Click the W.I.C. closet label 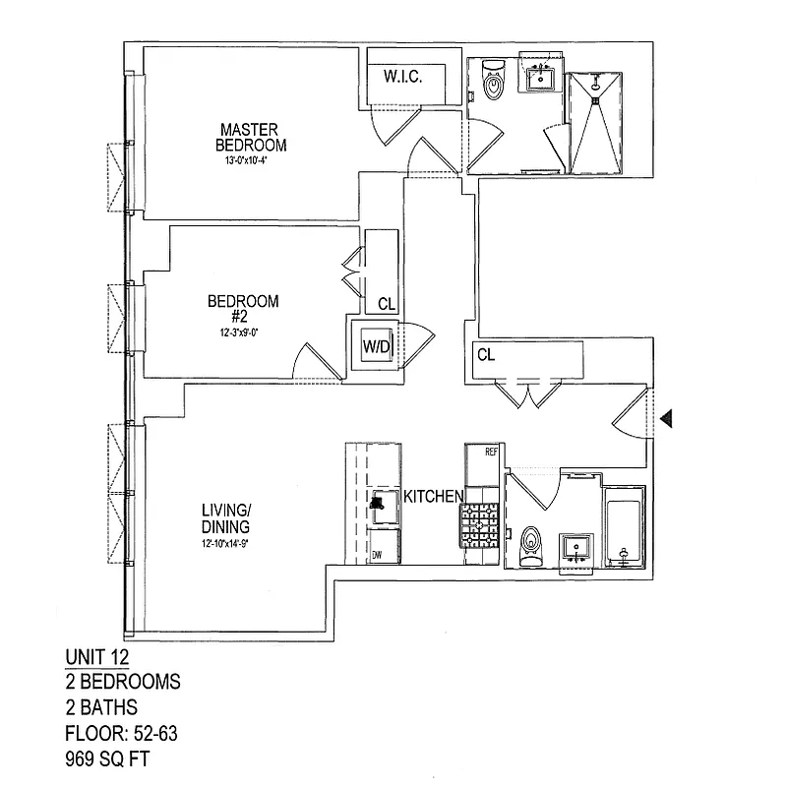[x=403, y=77]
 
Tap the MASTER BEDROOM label [x=251, y=137]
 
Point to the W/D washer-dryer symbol [x=375, y=346]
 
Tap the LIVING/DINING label [x=226, y=517]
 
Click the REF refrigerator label [x=493, y=453]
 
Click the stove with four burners [x=482, y=525]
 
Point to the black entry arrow [x=668, y=419]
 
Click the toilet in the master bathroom [x=493, y=79]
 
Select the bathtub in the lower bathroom [x=624, y=526]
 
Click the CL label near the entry [x=485, y=355]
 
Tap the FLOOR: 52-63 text [x=119, y=733]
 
